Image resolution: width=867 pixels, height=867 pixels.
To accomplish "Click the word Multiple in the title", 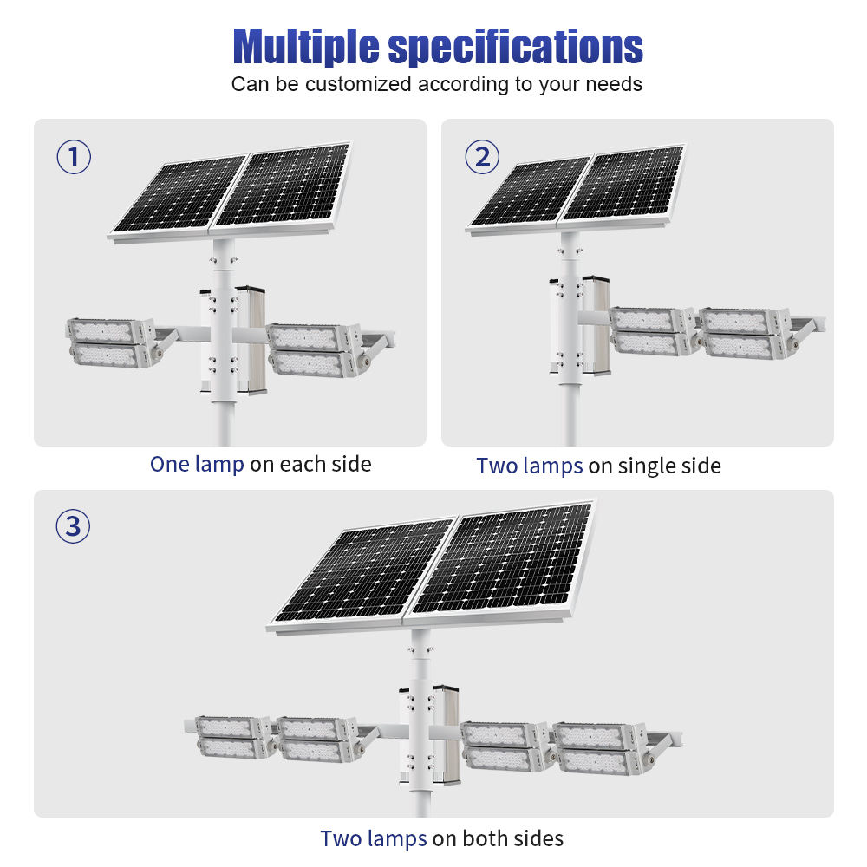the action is click(306, 48).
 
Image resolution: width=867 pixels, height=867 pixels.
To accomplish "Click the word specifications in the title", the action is click(515, 48).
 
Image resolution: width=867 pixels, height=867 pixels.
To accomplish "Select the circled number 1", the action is click(74, 157).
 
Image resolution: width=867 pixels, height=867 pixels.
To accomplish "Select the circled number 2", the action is click(481, 157).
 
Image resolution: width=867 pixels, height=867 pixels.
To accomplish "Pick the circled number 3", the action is click(73, 526).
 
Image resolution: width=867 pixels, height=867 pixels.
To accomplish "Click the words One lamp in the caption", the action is click(197, 465).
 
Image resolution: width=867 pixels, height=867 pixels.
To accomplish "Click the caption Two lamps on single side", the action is click(598, 466).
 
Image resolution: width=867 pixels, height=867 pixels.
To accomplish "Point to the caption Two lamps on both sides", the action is click(442, 838).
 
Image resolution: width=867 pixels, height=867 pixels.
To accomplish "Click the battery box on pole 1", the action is click(250, 340).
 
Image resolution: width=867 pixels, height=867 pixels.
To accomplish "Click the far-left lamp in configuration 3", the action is click(232, 737).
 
